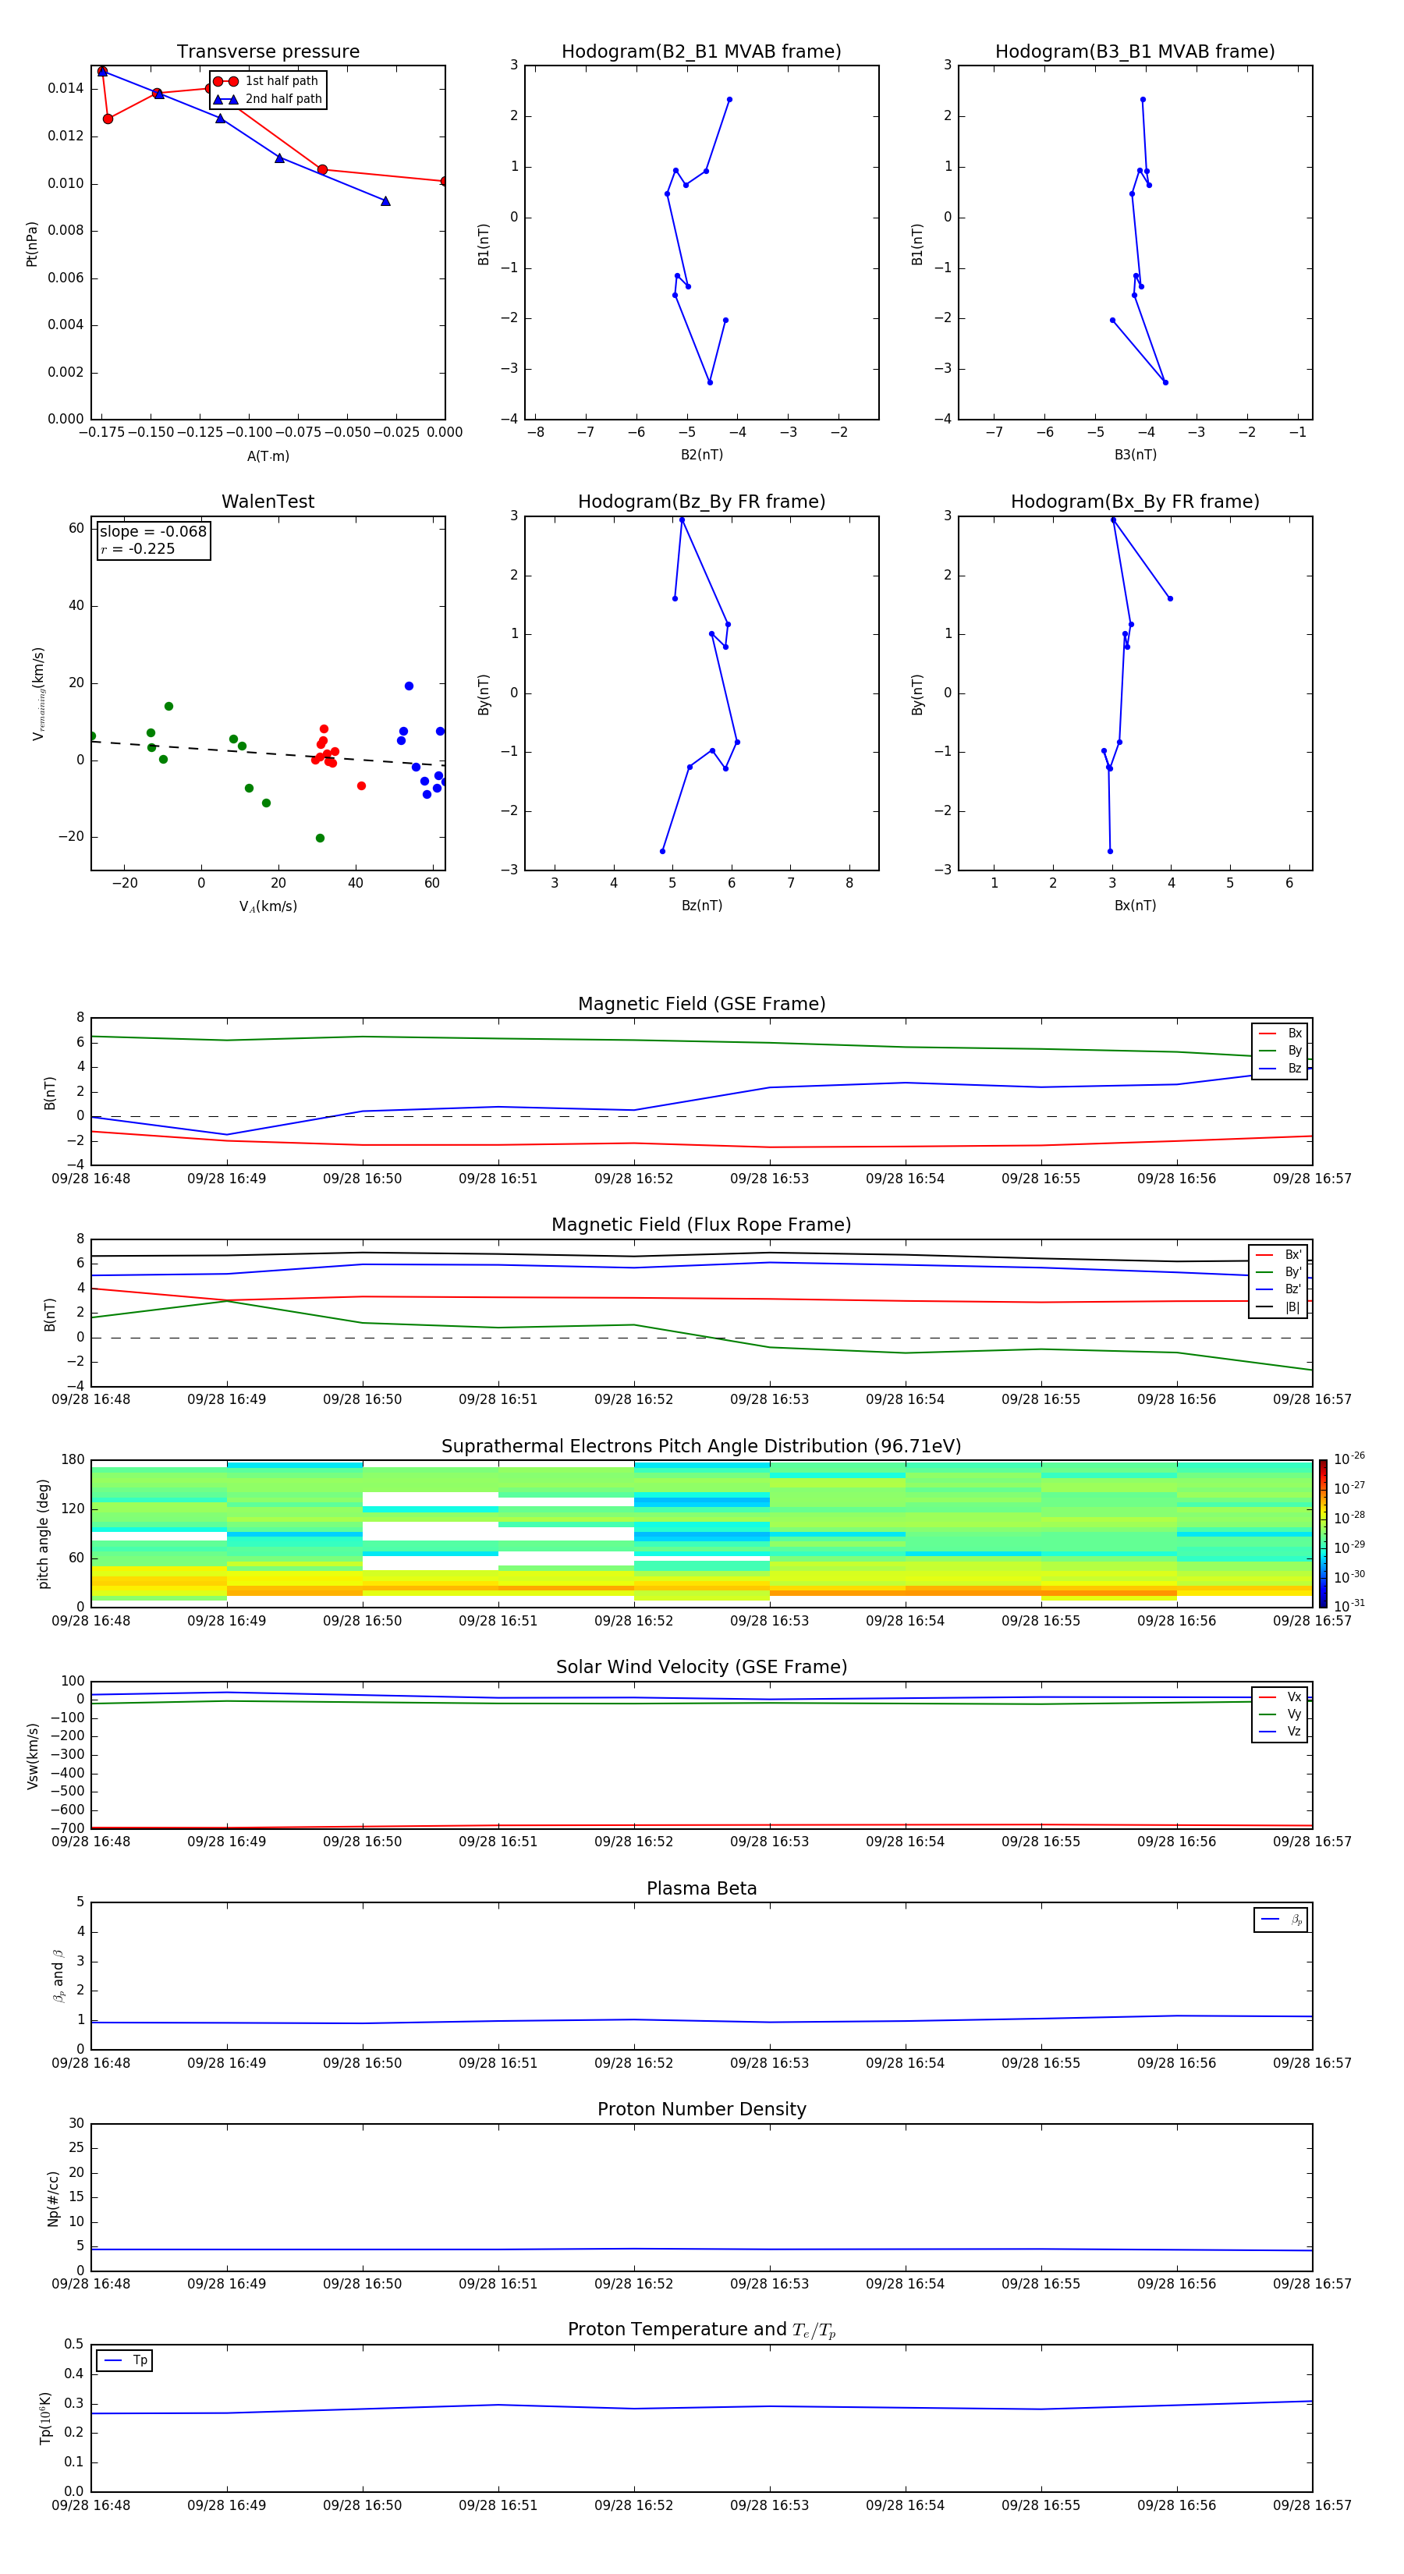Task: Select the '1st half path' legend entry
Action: [x=281, y=81]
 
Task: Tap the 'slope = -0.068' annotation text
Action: [x=153, y=532]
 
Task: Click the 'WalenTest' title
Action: [x=268, y=502]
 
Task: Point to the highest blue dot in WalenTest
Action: [x=409, y=686]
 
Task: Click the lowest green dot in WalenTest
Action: [x=320, y=838]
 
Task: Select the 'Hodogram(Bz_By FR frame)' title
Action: [x=701, y=502]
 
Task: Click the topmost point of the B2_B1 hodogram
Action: [x=729, y=100]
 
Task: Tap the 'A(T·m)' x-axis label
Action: [x=268, y=456]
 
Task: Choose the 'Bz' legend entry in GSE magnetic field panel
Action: [x=1294, y=1068]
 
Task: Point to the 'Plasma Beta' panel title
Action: [x=701, y=1888]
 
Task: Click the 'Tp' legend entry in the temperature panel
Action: [x=140, y=2360]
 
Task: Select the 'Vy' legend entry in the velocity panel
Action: [x=1294, y=1714]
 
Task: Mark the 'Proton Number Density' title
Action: [x=701, y=2108]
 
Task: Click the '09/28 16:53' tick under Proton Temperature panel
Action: [x=769, y=2505]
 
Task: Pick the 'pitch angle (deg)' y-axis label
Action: [x=43, y=1533]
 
